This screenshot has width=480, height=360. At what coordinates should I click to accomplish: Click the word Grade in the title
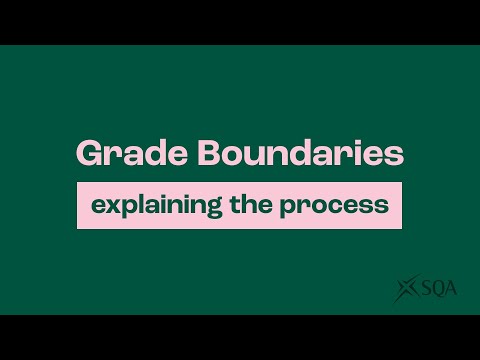(119, 154)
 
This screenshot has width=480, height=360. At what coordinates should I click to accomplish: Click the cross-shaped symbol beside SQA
(406, 289)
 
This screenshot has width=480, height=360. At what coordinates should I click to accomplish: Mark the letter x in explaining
(108, 205)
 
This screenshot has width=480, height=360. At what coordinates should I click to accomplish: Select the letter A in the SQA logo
(452, 289)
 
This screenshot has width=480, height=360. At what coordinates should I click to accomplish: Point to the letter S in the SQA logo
(423, 289)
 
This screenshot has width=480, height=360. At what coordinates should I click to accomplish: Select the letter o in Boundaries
(209, 155)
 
